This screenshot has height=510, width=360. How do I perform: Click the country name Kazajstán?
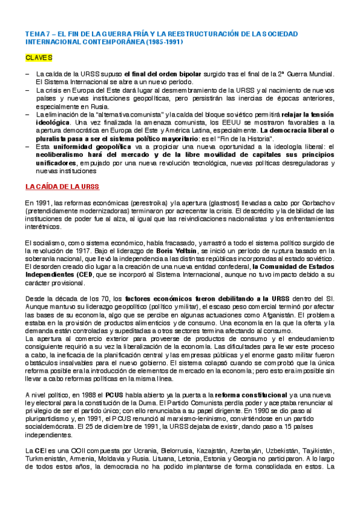click(210, 451)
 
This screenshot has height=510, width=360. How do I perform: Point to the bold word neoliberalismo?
click(61, 155)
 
